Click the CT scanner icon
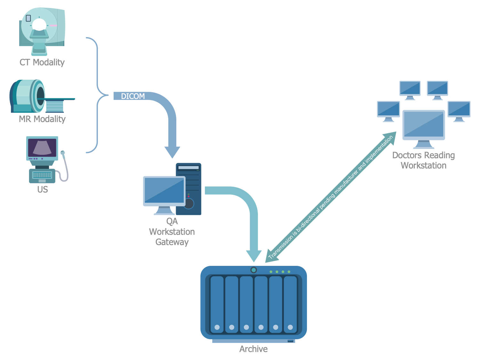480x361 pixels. pos(42,31)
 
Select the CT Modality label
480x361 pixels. pos(42,62)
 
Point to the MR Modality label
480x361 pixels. pos(42,119)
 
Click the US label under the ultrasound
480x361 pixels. pos(42,189)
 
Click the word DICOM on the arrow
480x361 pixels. pos(133,96)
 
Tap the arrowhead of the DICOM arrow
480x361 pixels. pos(172,152)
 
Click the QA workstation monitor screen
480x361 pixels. pos(164,191)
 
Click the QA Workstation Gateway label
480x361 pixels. pos(172,232)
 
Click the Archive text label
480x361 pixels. pos(253,349)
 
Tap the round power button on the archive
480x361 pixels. pos(254,270)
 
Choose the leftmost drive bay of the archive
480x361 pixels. pos(217,304)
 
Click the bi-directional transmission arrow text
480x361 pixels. pos(331,198)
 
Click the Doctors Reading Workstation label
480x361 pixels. pos(423,160)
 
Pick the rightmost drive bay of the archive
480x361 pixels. pos(290,304)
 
